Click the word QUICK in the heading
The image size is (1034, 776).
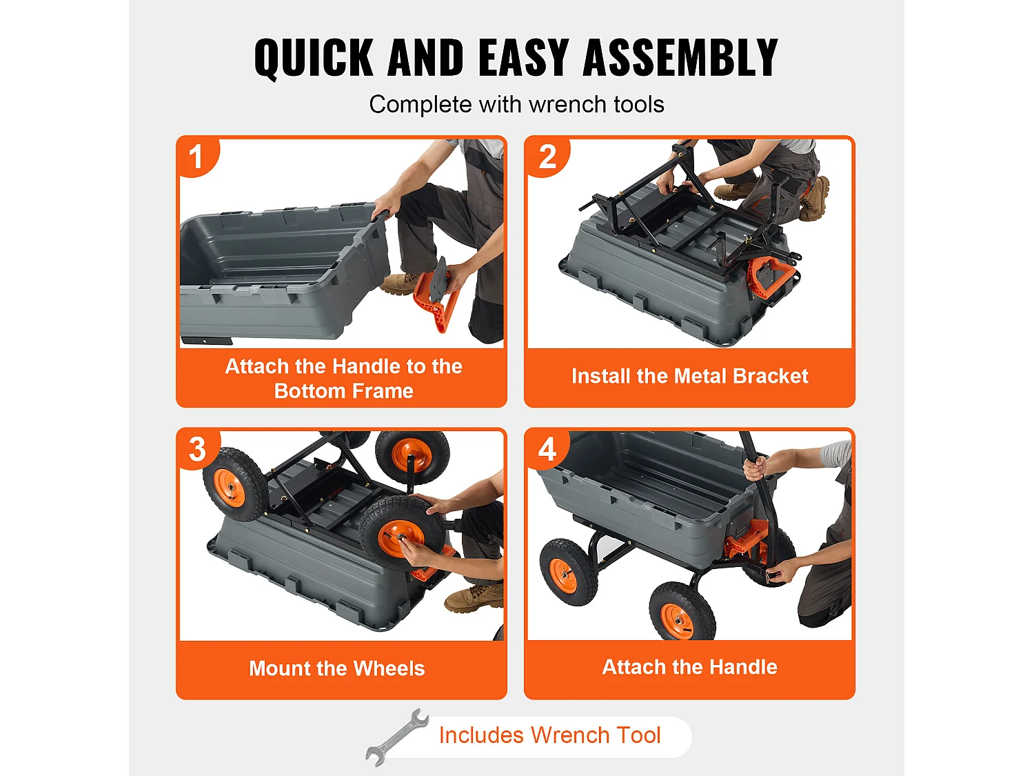313,58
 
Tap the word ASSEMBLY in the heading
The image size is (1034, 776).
680,58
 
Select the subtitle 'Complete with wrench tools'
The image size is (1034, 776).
516,104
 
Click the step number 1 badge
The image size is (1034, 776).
196,157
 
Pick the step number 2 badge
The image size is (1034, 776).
547,157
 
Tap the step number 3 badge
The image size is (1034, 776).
197,449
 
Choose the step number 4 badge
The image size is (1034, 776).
547,449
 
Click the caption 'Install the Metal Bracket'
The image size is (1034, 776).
689,376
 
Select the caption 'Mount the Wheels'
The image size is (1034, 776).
336,668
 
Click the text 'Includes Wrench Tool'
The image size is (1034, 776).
549,735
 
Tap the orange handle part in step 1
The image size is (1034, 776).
436,298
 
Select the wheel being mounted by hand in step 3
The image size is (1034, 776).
401,533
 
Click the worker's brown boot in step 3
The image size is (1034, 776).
474,598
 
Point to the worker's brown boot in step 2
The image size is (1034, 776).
815,199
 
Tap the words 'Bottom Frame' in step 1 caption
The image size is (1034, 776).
343,391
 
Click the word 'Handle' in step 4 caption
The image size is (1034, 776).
743,667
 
